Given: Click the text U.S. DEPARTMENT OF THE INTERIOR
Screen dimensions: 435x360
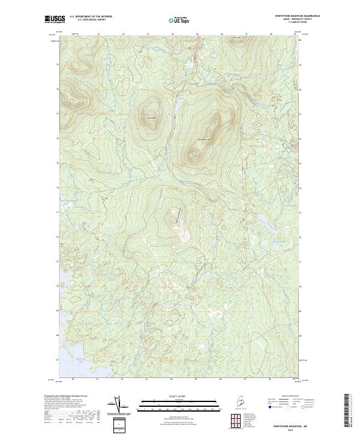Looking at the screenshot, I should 91,16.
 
